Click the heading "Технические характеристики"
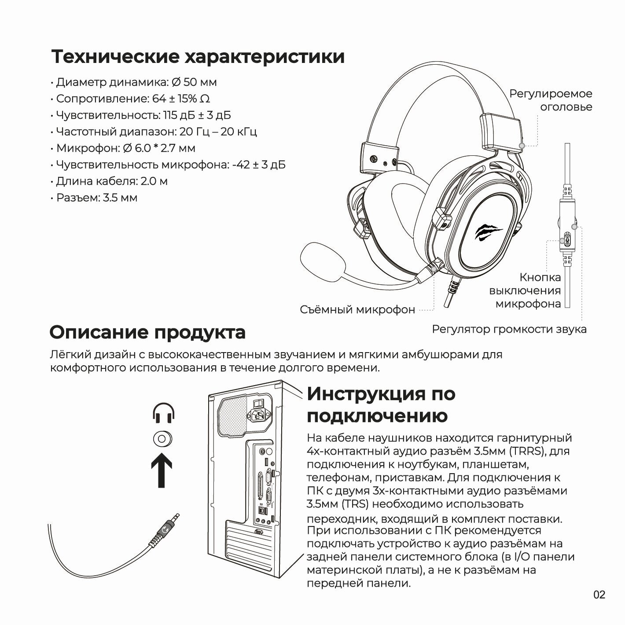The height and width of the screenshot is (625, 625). click(198, 57)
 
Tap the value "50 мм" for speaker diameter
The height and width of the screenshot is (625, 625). click(200, 82)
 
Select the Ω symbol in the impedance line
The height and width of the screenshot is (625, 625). click(205, 99)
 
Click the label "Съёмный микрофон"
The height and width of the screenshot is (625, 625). click(357, 309)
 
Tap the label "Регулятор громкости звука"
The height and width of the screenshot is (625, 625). click(509, 329)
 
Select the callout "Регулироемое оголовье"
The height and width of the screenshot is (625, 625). click(551, 100)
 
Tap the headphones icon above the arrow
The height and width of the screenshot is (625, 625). click(163, 413)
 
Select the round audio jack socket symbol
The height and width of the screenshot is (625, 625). click(162, 439)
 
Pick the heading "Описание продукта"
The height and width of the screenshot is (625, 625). click(147, 332)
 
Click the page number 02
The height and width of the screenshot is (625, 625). click(599, 595)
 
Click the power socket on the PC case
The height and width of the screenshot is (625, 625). click(260, 415)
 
